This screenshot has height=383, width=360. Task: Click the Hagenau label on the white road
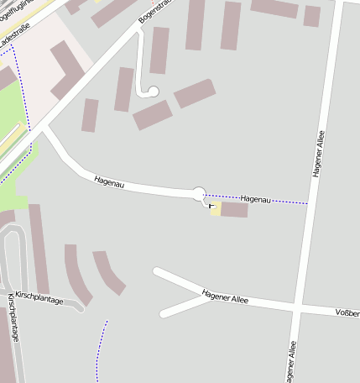click(109, 181)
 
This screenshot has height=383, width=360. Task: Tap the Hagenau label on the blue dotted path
click(256, 199)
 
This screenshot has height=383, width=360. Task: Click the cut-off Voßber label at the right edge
click(347, 313)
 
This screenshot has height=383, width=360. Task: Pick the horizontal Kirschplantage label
click(40, 301)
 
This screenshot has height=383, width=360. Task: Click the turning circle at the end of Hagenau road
click(199, 194)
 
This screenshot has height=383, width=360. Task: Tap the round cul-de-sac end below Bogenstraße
click(154, 92)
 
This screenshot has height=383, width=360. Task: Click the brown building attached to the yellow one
click(234, 210)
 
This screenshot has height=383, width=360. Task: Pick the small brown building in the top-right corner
click(312, 16)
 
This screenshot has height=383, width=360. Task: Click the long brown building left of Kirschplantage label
click(39, 248)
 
